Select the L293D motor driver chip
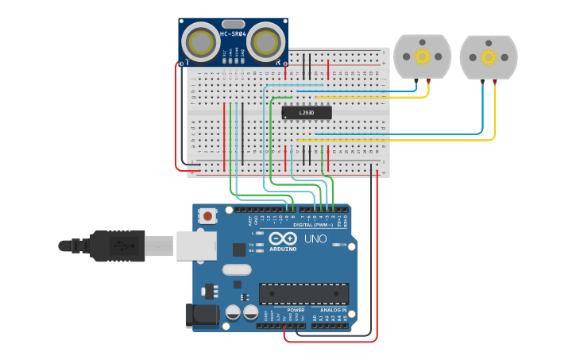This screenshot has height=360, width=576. click(307, 113)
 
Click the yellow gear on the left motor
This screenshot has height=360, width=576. click(423, 56)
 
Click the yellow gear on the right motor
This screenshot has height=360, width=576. click(489, 57)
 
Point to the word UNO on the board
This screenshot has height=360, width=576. click(315, 238)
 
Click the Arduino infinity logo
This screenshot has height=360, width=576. click(282, 238)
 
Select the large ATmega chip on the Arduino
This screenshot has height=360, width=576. click(303, 293)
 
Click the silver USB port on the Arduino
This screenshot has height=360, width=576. click(195, 246)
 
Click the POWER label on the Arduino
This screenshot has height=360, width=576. click(284, 310)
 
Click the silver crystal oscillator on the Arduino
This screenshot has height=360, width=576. click(236, 269)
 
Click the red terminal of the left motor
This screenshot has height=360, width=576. click(429, 81)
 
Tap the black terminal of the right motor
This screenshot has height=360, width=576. click(481, 82)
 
